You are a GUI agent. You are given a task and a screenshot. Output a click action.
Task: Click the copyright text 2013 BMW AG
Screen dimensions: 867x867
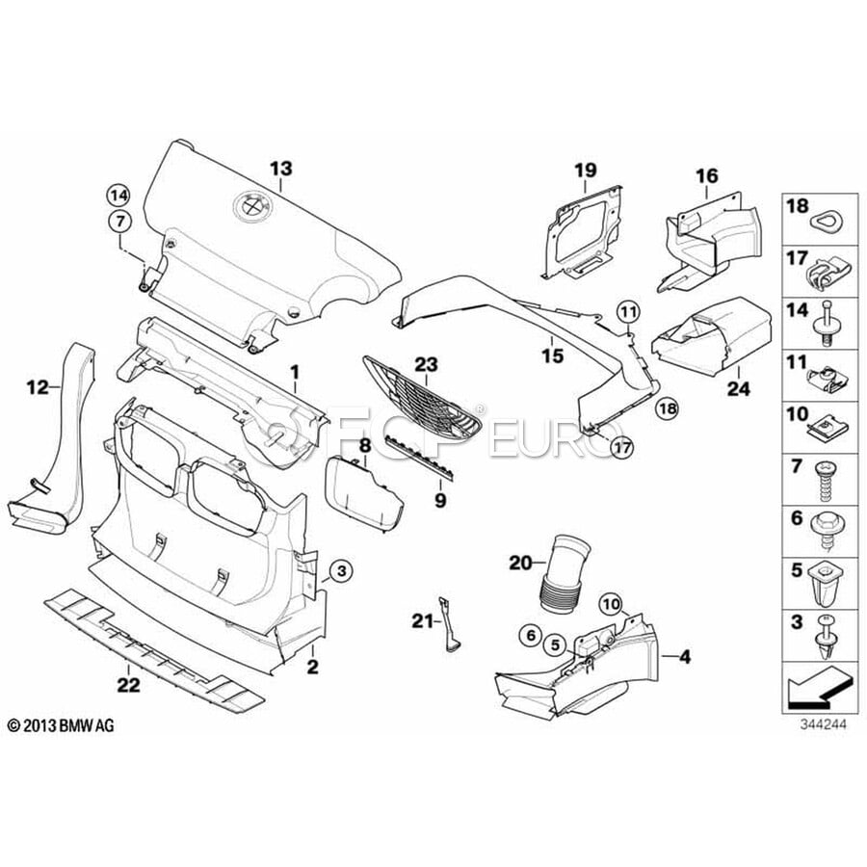(x=61, y=724)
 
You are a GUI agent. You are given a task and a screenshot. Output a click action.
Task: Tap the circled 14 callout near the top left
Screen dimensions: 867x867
(x=118, y=194)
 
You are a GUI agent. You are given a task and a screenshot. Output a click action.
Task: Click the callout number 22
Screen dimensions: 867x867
(x=128, y=685)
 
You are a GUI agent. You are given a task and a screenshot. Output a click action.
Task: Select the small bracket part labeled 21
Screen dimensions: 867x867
(x=450, y=623)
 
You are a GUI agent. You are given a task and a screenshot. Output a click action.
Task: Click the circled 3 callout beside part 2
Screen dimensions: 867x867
(x=342, y=572)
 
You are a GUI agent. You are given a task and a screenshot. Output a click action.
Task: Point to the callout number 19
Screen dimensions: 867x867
(x=587, y=171)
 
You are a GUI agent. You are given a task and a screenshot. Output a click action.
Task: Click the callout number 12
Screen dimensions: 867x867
(x=38, y=388)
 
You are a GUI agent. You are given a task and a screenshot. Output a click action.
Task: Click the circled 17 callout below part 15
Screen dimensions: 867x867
(x=624, y=446)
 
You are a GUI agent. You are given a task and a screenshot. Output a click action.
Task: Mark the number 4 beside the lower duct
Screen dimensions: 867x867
(x=685, y=658)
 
